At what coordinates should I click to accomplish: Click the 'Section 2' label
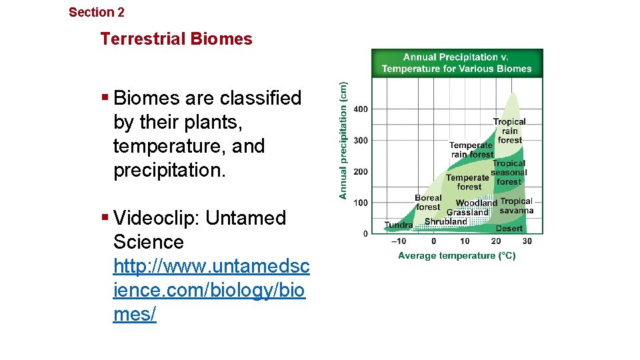97,12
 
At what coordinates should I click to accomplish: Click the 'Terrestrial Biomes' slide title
176,39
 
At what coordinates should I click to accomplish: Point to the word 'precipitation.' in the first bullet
170,170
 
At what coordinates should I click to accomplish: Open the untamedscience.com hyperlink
211,290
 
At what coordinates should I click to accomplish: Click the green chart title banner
457,63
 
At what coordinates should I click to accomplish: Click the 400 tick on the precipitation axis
360,109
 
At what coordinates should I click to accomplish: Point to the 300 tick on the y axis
360,140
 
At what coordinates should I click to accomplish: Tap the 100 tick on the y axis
360,203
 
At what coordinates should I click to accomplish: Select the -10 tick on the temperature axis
398,241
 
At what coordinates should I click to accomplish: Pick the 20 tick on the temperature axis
496,241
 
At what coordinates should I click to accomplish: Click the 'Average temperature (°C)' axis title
457,255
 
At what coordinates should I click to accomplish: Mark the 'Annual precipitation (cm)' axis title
343,140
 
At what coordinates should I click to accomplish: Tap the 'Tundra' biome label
399,225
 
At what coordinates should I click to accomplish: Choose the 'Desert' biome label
509,228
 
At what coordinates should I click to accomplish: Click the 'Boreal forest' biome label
428,203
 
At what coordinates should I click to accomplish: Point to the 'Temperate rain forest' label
471,150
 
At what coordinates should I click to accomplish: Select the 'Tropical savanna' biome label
517,206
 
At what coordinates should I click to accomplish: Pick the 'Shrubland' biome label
446,221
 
